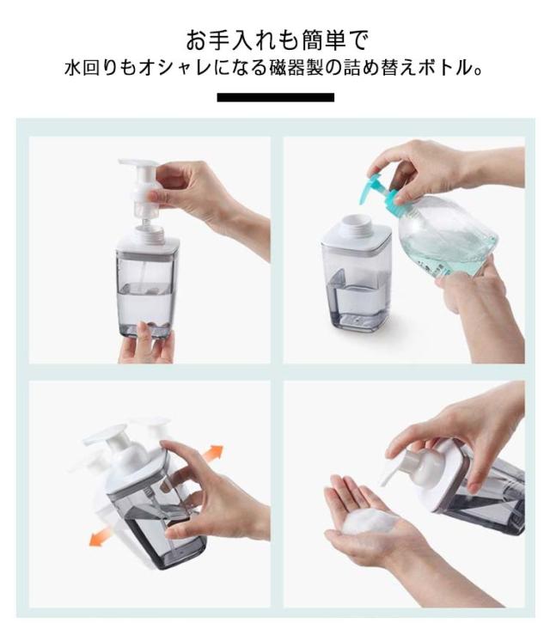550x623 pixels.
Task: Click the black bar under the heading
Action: point(275,97)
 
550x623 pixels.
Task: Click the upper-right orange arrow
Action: point(211,454)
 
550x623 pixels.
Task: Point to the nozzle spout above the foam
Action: point(388,473)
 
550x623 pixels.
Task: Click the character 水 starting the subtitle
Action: point(74,69)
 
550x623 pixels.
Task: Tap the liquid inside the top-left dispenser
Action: point(145,304)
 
